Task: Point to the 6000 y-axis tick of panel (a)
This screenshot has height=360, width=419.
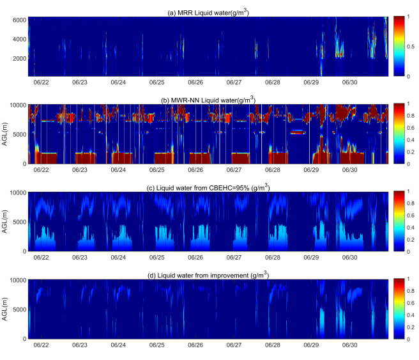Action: coord(18,20)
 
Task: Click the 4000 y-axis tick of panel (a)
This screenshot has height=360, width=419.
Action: coord(18,39)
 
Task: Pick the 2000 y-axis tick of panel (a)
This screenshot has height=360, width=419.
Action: coord(18,58)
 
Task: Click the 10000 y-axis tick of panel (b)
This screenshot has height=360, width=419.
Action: coord(17,104)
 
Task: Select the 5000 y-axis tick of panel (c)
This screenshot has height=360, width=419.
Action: coord(19,222)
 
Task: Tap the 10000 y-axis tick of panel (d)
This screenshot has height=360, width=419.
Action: coord(17,280)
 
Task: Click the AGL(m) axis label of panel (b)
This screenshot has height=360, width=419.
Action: coord(6,134)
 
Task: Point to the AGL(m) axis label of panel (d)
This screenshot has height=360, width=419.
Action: coord(6,309)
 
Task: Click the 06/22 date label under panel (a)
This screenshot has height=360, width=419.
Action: coord(41,82)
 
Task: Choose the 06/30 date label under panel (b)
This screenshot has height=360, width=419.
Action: coord(349,171)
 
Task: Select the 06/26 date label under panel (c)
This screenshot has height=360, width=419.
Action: coord(195,258)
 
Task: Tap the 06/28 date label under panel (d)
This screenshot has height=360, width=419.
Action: coord(272,345)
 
